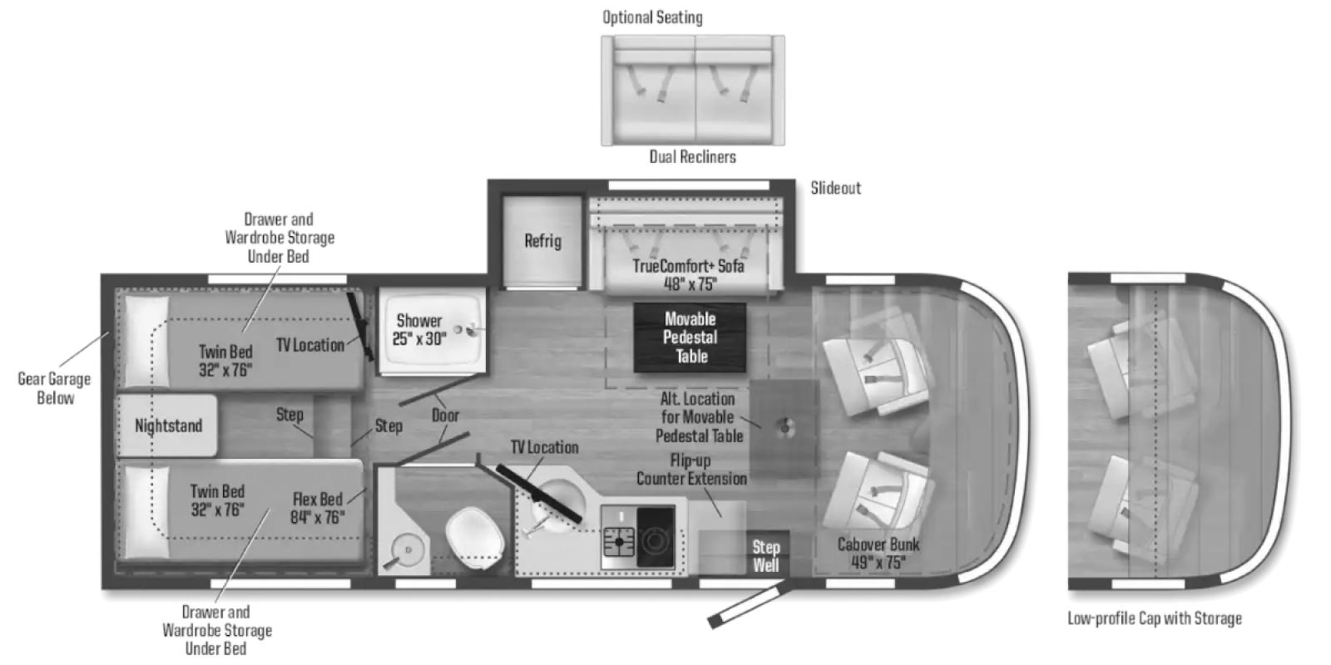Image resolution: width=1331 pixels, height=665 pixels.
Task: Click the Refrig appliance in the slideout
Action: click(x=542, y=242)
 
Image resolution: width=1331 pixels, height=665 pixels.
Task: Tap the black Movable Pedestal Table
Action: click(x=690, y=337)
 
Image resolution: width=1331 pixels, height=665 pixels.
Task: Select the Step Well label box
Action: click(x=766, y=556)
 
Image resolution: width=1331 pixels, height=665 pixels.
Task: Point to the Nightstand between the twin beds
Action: click(x=168, y=426)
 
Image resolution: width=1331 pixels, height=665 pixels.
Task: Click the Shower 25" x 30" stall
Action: click(x=432, y=331)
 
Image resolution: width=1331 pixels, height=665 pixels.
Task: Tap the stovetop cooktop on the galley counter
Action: click(x=637, y=537)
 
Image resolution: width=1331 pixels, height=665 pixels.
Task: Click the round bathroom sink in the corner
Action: click(x=408, y=550)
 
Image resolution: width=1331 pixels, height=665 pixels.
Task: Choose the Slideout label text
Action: click(x=835, y=188)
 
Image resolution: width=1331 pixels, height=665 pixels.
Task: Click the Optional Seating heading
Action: click(x=652, y=17)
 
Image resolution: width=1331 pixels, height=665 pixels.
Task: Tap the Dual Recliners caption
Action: click(x=692, y=157)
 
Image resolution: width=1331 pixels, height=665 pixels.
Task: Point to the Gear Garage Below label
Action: click(x=55, y=388)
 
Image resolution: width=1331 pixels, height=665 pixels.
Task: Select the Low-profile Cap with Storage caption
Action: click(x=1155, y=618)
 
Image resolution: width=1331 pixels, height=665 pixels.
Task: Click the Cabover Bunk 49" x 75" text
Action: click(x=878, y=553)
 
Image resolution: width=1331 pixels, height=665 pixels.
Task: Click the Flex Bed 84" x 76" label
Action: click(x=317, y=508)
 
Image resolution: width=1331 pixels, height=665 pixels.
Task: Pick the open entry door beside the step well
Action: click(x=750, y=605)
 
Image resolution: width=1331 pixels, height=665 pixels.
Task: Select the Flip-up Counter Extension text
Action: click(x=691, y=470)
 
